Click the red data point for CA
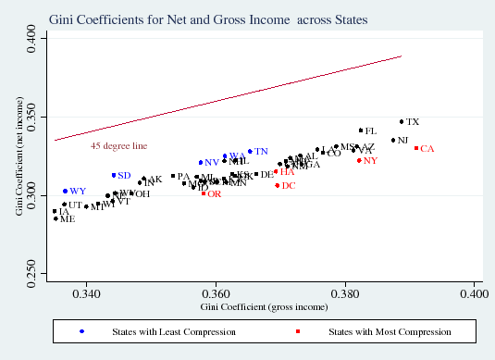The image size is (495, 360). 416,148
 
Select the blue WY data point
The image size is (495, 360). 65,191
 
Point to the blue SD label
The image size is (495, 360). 124,176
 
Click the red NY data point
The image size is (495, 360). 359,160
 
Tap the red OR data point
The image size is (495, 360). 204,193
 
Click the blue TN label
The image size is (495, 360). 262,152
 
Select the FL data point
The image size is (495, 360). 361,130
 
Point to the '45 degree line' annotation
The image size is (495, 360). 118,146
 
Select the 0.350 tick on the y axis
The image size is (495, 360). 32,116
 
